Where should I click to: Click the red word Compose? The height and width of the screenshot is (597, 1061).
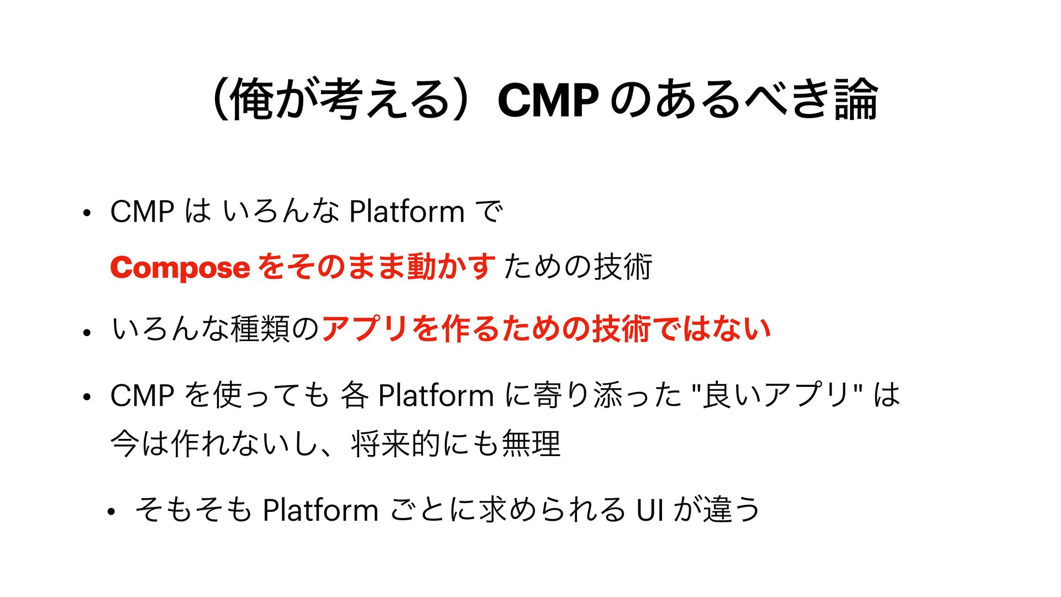click(180, 268)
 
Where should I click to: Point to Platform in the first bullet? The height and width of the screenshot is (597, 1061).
click(407, 211)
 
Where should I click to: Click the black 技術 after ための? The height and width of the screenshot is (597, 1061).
click(623, 268)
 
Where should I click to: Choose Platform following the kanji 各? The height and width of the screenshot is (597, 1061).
click(435, 395)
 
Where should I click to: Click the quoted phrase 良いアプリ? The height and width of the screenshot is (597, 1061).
click(776, 395)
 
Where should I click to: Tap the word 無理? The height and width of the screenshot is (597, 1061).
click(531, 444)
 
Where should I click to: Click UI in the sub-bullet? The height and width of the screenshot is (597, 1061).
click(650, 510)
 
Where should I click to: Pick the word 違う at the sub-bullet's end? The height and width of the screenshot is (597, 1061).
click(731, 510)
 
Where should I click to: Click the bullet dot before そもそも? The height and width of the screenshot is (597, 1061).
click(112, 512)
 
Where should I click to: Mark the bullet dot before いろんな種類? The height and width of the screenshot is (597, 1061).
click(86, 333)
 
